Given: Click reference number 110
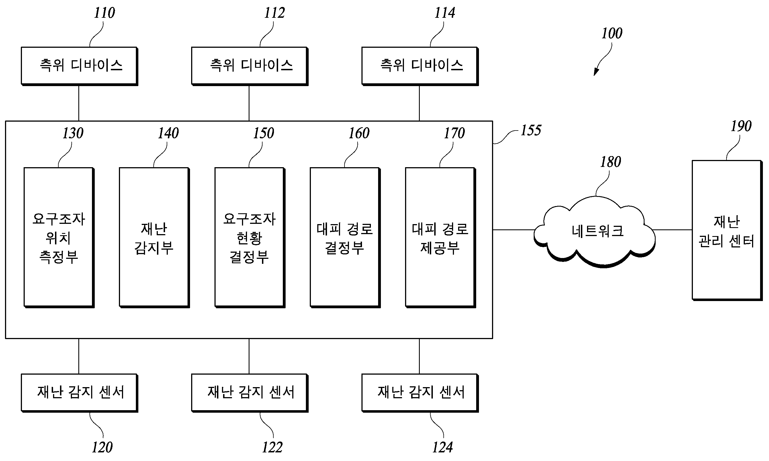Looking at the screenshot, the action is [104, 13].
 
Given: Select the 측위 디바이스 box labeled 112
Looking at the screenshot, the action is [249, 66].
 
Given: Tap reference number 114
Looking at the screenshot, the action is [445, 13].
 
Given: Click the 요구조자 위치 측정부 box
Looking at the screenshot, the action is [59, 238].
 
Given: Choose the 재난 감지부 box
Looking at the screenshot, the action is [154, 238].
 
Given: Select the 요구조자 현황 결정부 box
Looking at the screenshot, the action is [250, 238].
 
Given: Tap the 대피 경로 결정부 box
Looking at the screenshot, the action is [345, 238].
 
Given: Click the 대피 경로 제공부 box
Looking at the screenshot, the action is [441, 238].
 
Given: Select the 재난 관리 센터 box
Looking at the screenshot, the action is [727, 231].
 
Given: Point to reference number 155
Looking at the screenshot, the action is [531, 131].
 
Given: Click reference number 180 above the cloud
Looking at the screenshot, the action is [611, 162].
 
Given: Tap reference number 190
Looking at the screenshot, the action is [741, 126].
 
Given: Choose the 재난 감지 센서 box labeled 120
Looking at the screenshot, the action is [79, 393].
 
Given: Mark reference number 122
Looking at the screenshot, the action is [273, 448].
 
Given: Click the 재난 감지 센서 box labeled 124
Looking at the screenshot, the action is [420, 393].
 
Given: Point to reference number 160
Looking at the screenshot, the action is [359, 133].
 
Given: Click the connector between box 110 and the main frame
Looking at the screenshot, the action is [79, 103].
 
